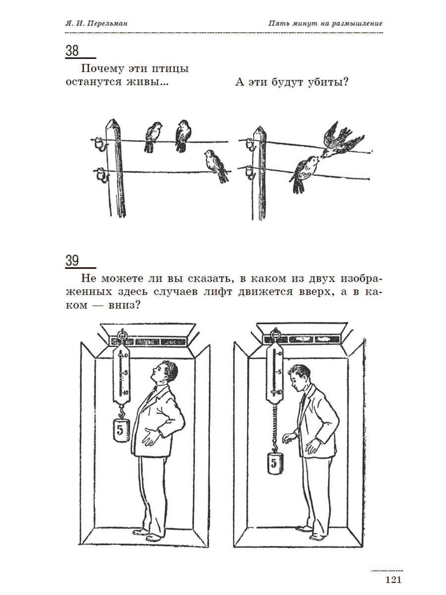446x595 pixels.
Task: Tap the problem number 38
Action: pyautogui.click(x=72, y=51)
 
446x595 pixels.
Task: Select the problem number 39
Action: pyautogui.click(x=72, y=260)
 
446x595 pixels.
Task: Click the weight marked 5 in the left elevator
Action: pyautogui.click(x=120, y=429)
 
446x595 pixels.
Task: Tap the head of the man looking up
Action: pyautogui.click(x=166, y=372)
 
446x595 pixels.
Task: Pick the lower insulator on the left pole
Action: pyautogui.click(x=101, y=174)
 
